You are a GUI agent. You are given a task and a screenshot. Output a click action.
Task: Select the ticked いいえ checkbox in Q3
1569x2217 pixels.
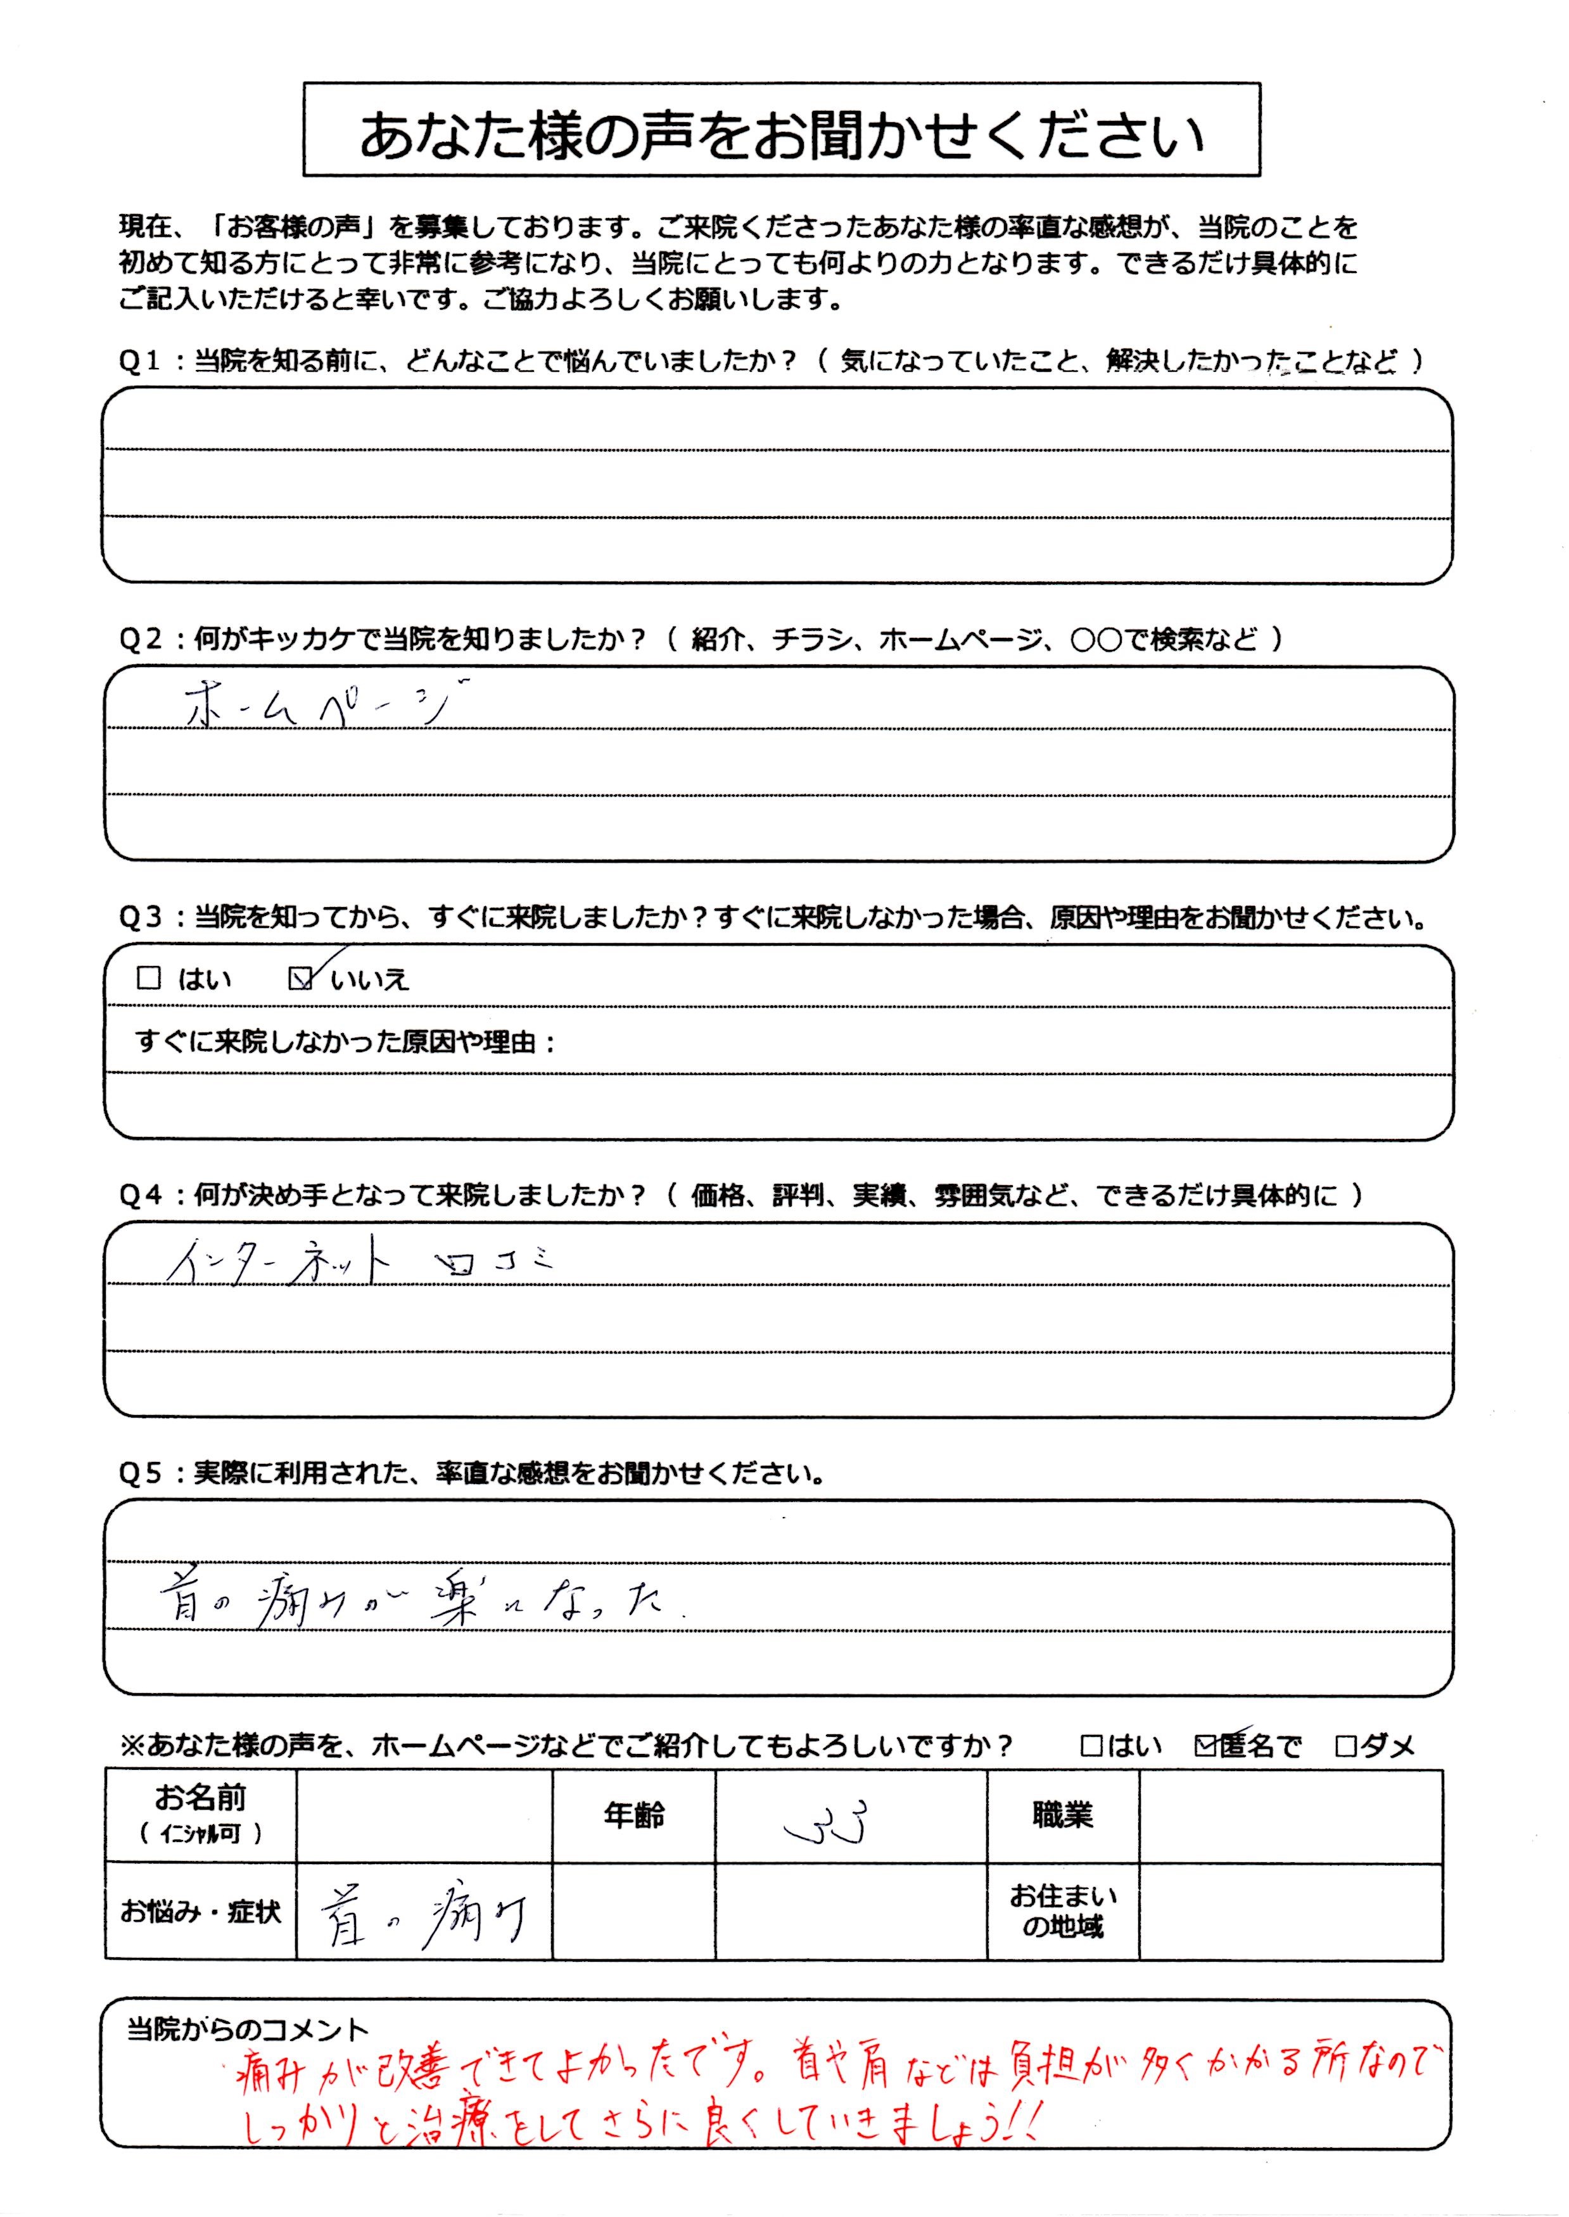(300, 979)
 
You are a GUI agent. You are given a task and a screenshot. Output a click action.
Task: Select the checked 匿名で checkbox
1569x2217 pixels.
(1206, 1746)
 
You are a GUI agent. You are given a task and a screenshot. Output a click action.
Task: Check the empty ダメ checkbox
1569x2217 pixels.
(1345, 1746)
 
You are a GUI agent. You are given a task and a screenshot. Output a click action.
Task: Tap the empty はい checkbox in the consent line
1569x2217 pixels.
(1092, 1746)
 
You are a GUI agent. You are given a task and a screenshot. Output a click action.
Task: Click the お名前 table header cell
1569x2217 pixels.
(201, 1814)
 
